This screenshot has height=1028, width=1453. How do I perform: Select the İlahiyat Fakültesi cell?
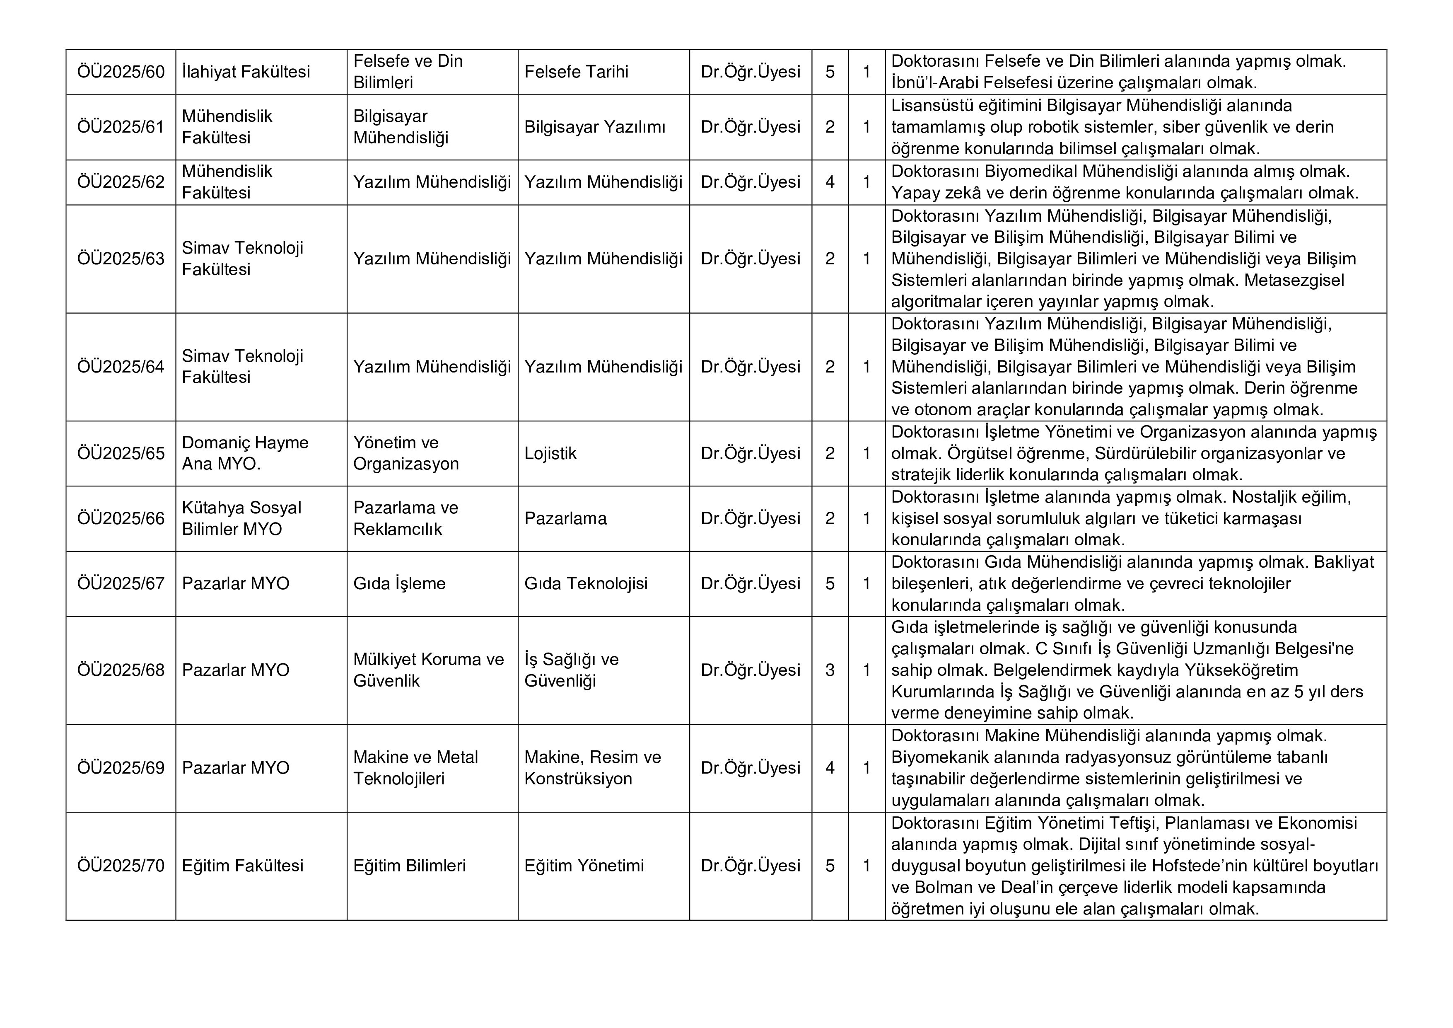[246, 72]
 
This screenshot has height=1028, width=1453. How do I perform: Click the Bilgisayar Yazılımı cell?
[594, 127]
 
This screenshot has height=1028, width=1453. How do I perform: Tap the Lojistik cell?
[550, 453]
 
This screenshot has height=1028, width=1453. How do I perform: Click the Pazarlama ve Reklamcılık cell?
[405, 518]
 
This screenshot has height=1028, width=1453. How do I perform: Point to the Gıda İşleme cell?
[399, 584]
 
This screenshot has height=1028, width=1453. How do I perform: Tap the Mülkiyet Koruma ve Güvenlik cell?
[428, 670]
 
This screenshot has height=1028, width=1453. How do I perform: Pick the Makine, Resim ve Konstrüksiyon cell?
[592, 768]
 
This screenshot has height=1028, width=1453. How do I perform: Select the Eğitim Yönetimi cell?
[584, 866]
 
